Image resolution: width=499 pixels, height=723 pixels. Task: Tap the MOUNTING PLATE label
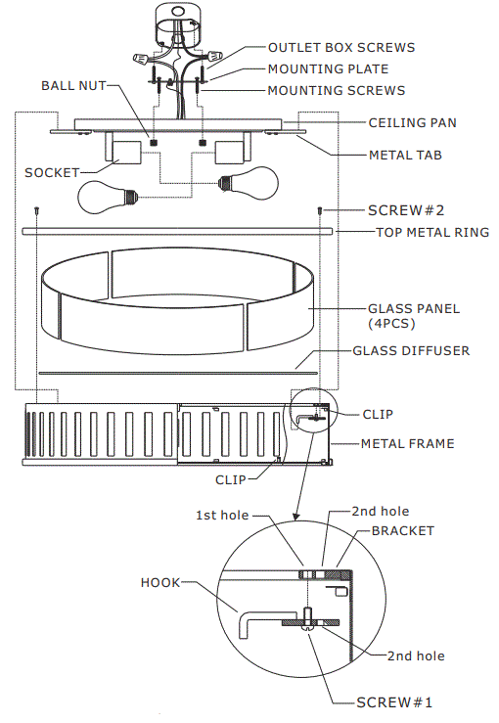click(328, 69)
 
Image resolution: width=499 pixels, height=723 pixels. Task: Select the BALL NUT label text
click(73, 85)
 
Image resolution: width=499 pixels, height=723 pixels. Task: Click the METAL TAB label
click(405, 155)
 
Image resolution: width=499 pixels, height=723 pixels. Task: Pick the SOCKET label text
click(51, 172)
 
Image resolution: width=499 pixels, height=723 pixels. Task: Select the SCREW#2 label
click(406, 210)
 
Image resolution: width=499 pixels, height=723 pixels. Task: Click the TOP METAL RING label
click(432, 232)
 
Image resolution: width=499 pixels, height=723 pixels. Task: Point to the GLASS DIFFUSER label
click(410, 350)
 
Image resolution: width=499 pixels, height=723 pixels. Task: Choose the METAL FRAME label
click(407, 443)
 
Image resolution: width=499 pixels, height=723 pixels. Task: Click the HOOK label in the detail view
click(160, 582)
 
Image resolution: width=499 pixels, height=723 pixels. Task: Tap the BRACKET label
click(405, 530)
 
